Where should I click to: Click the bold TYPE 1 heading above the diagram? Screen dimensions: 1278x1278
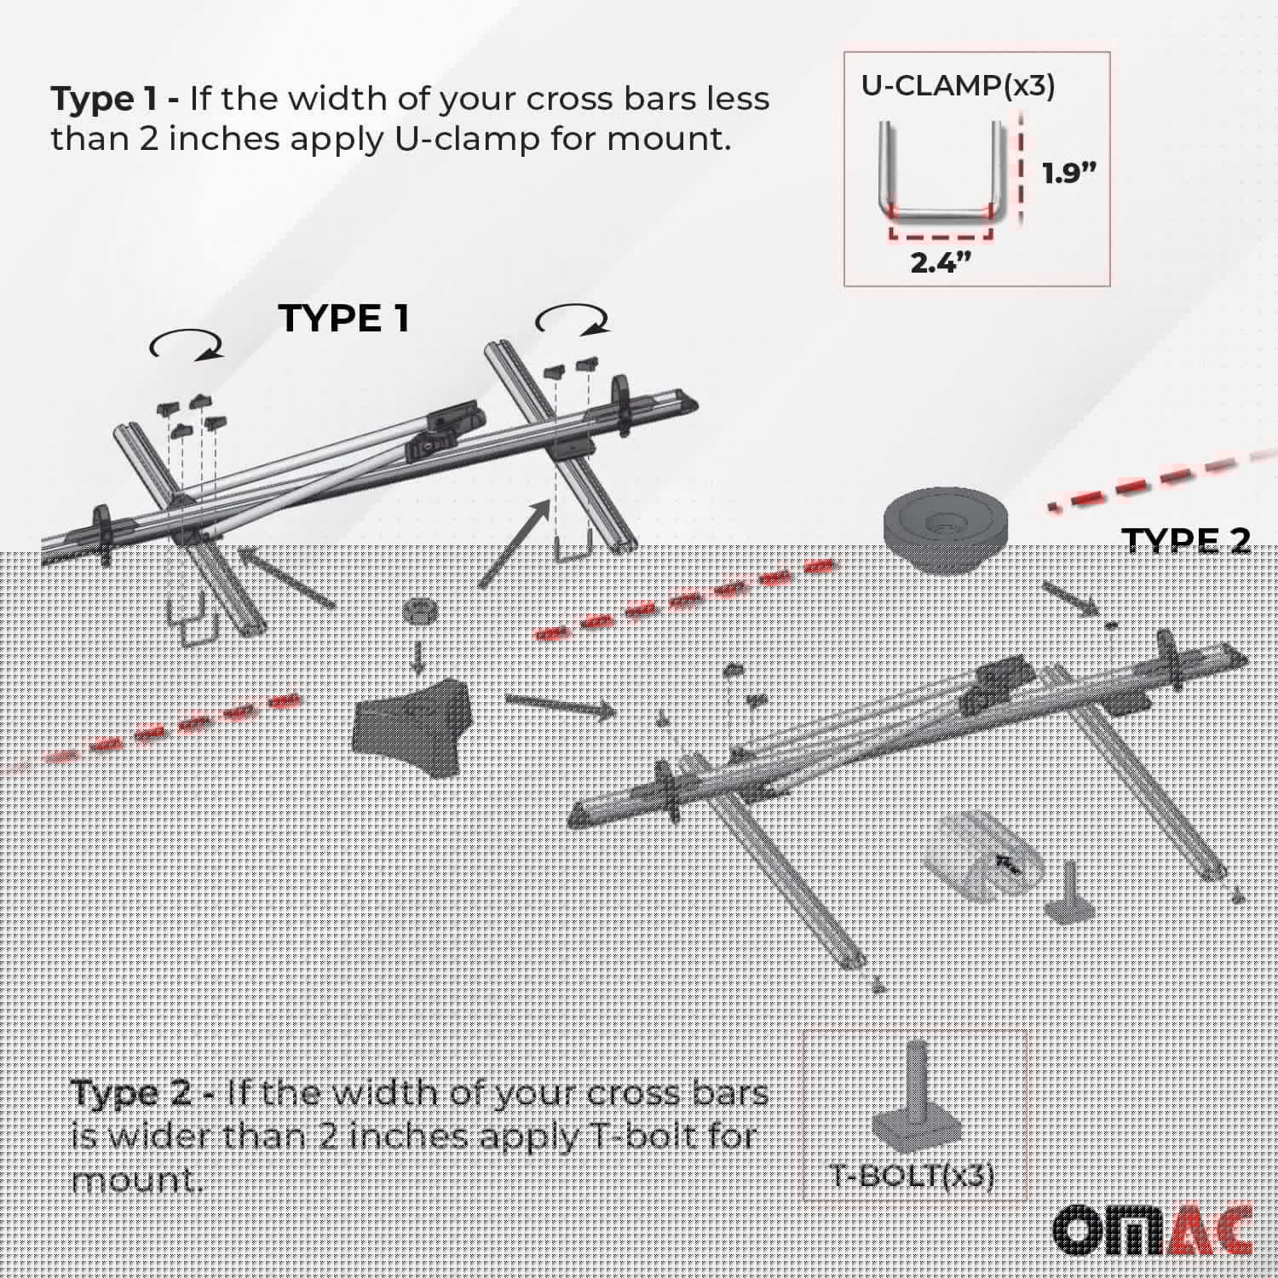[x=343, y=319]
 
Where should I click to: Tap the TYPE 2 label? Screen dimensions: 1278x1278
[x=1186, y=540]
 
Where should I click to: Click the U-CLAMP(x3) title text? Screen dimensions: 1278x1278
[x=958, y=85]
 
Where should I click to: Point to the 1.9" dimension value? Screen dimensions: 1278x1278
[x=1069, y=173]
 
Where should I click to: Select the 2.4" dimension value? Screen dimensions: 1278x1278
[x=941, y=263]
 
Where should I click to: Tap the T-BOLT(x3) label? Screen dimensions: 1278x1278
[x=913, y=1176]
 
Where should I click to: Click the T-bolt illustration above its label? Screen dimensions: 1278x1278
[x=917, y=1099]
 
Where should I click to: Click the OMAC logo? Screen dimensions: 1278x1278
[x=1154, y=1229]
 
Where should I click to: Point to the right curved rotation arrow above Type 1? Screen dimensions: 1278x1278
[x=572, y=321]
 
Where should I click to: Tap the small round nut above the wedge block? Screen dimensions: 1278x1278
[x=418, y=613]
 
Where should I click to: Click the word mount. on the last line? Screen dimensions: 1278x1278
[x=137, y=1180]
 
